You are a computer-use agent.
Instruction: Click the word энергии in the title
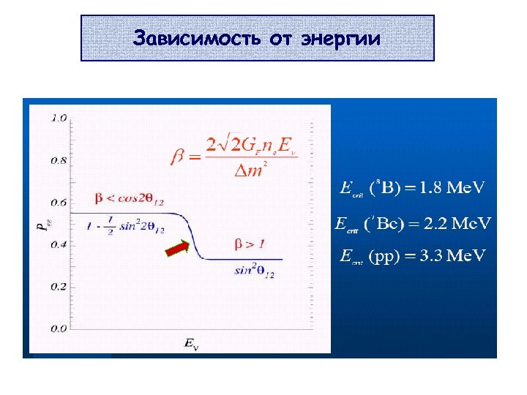340,39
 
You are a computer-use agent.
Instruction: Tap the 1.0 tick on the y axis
59,118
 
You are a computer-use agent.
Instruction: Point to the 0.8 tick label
59,160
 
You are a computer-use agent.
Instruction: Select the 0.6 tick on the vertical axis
59,203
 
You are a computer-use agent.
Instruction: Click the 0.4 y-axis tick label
59,244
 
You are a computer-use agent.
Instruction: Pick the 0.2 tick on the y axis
59,287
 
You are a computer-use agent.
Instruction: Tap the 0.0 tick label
59,328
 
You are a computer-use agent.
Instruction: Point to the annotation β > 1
249,243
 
